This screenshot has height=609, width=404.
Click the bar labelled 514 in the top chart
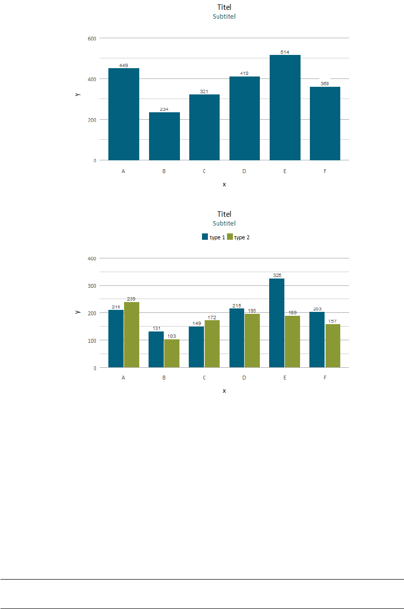[x=285, y=107]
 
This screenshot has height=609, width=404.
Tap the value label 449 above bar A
[x=124, y=65]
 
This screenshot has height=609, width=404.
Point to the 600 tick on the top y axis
[x=92, y=38]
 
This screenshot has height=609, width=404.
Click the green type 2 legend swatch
[x=230, y=237]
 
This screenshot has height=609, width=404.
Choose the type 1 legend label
[x=217, y=237]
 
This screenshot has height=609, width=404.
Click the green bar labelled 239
[x=131, y=334]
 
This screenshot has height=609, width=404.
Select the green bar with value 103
[x=172, y=353]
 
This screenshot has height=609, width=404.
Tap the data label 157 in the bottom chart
[x=332, y=321]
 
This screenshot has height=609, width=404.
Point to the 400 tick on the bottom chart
[x=92, y=258]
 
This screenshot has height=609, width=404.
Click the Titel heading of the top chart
[x=224, y=7]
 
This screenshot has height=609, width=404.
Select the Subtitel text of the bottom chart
[x=224, y=223]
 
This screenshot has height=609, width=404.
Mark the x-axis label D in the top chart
[x=244, y=172]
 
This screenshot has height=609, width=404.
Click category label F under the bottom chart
[x=325, y=378]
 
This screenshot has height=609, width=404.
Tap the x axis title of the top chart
[x=224, y=184]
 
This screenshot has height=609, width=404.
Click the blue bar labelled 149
[x=197, y=347]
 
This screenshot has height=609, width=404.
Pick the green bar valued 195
[x=252, y=340]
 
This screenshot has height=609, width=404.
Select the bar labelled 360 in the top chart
[x=325, y=124]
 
